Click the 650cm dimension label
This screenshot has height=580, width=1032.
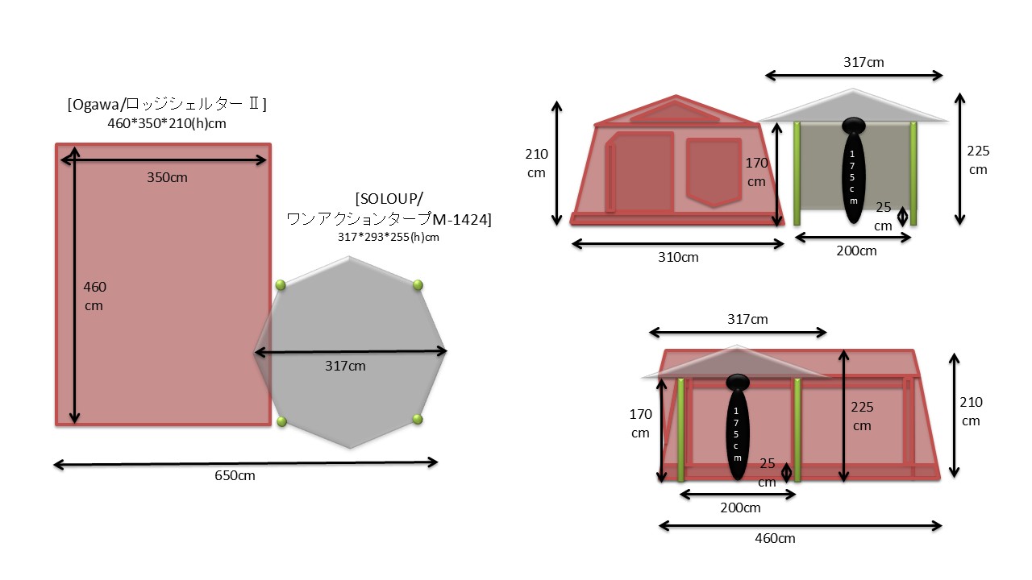235,475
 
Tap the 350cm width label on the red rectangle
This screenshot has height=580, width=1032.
167,178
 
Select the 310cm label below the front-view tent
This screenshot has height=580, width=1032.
678,257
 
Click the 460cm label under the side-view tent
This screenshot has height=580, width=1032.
775,539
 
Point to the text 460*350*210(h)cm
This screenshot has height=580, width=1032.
167,124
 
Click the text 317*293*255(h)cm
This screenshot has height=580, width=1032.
389,238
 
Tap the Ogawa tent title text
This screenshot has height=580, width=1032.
167,105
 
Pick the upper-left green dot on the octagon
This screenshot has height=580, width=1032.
281,285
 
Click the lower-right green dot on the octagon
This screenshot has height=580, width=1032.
418,419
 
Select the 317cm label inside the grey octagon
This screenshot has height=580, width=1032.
345,367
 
